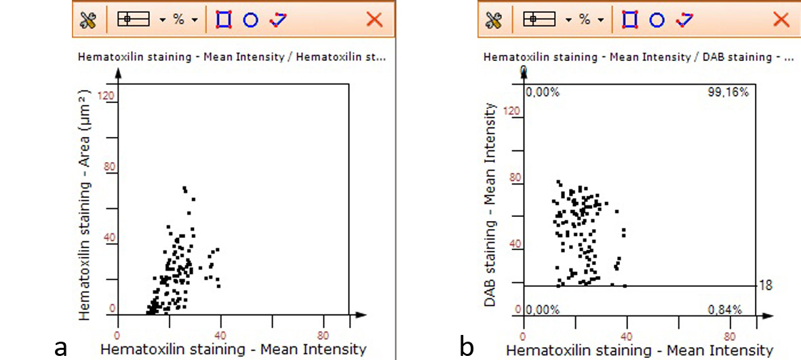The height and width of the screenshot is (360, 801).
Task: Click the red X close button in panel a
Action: point(374,20)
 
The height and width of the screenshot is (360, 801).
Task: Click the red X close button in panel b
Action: point(781,20)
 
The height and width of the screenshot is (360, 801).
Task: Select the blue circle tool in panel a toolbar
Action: point(250,20)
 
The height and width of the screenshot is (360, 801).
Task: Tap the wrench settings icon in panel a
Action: point(88,20)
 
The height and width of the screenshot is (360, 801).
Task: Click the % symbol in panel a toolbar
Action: point(178,20)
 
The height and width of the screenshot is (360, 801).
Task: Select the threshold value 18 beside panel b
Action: point(766,285)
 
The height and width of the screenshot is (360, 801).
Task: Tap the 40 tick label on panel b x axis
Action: point(626,336)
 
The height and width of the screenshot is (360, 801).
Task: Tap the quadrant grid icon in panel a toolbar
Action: point(134,20)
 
